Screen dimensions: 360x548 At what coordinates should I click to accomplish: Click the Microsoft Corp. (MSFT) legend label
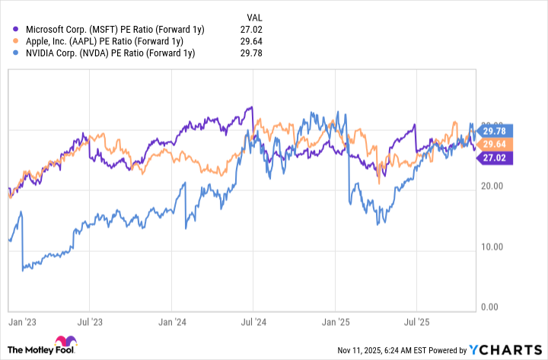point(104,29)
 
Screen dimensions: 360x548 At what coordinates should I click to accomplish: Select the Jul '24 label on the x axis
point(254,323)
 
